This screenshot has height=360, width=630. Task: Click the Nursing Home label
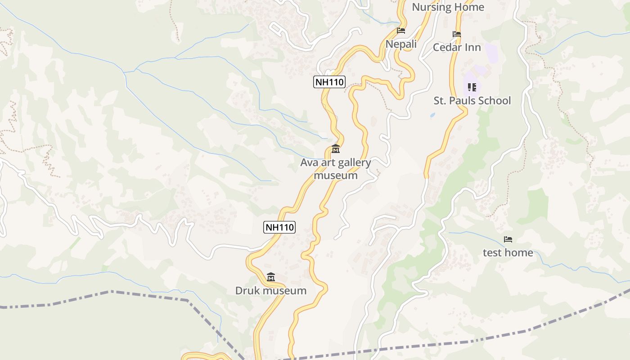pos(448,7)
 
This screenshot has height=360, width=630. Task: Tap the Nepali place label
pos(401,44)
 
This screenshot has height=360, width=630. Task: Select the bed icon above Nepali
pos(401,31)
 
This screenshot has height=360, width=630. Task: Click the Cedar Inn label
pos(457,47)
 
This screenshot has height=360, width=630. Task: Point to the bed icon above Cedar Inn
pos(457,34)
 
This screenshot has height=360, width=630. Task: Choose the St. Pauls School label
pos(472,100)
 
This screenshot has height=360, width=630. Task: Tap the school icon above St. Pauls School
pos(472,87)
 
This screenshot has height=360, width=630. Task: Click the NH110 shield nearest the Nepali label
pos(329,82)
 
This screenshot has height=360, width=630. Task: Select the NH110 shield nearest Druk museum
pos(279,227)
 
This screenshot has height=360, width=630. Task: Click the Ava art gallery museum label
pos(336,169)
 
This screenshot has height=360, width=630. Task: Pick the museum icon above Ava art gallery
pos(336,149)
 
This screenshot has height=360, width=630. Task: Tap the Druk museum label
pos(271,291)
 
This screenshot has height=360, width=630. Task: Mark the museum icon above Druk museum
pos(271,277)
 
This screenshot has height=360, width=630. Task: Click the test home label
pos(508,253)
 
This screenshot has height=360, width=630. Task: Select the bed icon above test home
pos(508,239)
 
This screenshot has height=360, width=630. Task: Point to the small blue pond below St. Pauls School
pos(432,115)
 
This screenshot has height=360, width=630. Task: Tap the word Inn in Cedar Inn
pos(473,47)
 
